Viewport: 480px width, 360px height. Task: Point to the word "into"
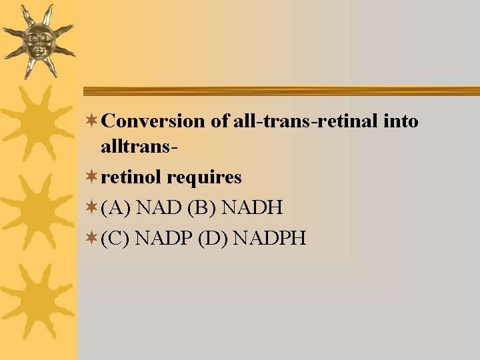pos(402,121)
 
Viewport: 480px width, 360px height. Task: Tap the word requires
pos(204,178)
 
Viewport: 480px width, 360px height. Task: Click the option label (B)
pos(203,208)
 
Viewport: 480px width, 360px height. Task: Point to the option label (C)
pos(115,237)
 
